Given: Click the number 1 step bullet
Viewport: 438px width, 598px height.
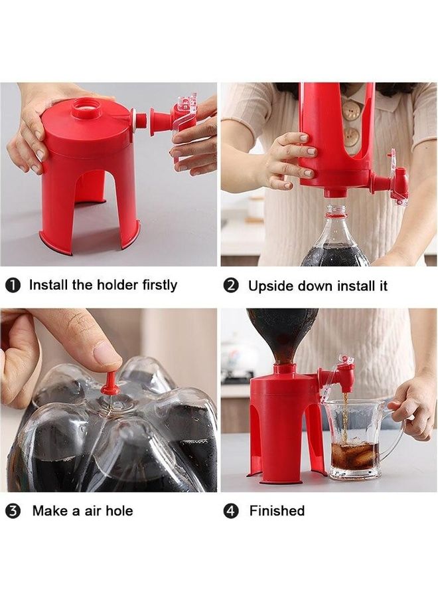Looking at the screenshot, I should pyautogui.click(x=13, y=286).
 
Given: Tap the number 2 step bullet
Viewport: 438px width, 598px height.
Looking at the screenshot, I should pyautogui.click(x=230, y=286).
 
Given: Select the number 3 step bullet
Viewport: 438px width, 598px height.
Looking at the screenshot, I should pyautogui.click(x=13, y=511).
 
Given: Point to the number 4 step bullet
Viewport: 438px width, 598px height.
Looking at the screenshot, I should pyautogui.click(x=230, y=511).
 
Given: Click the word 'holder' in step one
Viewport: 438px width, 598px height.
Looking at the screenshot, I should pyautogui.click(x=117, y=285).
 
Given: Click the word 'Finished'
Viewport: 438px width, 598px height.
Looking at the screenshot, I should pyautogui.click(x=277, y=511).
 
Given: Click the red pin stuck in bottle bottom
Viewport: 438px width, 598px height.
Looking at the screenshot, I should pyautogui.click(x=110, y=385).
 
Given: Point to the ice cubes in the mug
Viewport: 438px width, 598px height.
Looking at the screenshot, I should pyautogui.click(x=355, y=455).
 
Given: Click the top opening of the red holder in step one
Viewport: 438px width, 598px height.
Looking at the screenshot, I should pyautogui.click(x=86, y=106).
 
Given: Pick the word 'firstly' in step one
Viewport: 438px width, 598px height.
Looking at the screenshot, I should pyautogui.click(x=159, y=285).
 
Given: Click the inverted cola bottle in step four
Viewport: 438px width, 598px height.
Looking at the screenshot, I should pyautogui.click(x=282, y=329).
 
